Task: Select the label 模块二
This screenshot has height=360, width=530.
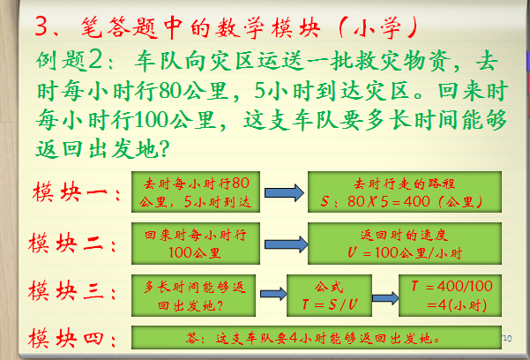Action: click(x=72, y=242)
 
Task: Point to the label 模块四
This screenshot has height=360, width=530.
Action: click(x=72, y=339)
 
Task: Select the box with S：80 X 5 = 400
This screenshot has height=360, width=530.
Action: click(x=405, y=192)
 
